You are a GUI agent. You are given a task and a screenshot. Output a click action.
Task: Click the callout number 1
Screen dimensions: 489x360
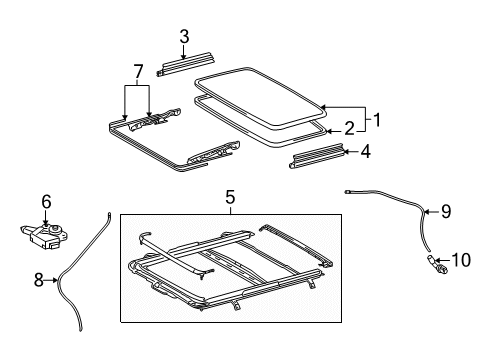pyautogui.click(x=377, y=120)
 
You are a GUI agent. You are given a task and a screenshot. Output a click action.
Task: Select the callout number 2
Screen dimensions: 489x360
pyautogui.click(x=349, y=129)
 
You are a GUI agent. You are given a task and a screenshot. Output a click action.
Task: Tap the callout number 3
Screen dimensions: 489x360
pyautogui.click(x=184, y=37)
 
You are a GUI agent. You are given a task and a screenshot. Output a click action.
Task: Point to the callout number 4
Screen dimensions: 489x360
pyautogui.click(x=366, y=152)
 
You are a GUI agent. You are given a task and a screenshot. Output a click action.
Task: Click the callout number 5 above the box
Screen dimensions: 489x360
pyautogui.click(x=230, y=197)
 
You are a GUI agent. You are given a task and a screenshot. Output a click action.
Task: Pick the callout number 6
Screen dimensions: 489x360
pyautogui.click(x=46, y=202)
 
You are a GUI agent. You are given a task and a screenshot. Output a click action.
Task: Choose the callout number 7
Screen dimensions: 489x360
pyautogui.click(x=138, y=72)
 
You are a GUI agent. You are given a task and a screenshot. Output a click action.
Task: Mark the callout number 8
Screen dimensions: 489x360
pyautogui.click(x=39, y=280)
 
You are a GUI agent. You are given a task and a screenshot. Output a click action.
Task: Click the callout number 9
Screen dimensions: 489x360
pyautogui.click(x=446, y=211)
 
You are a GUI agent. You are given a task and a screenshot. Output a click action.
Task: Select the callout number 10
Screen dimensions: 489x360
pyautogui.click(x=461, y=260)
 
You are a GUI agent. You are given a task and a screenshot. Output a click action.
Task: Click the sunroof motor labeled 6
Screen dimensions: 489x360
pyautogui.click(x=44, y=236)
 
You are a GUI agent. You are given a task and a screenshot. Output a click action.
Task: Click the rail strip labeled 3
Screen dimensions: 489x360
pyautogui.click(x=185, y=64)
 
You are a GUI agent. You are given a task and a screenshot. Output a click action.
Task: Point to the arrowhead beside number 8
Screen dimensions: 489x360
pyautogui.click(x=56, y=280)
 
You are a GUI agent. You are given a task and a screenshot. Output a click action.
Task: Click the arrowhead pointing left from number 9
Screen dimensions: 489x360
pyautogui.click(x=426, y=211)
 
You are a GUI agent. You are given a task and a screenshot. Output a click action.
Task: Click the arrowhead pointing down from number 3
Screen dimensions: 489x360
pyautogui.click(x=183, y=57)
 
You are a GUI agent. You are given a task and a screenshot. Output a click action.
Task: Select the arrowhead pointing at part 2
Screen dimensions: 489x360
pyautogui.click(x=329, y=131)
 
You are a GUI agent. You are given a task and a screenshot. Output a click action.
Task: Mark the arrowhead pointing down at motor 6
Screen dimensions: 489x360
pyautogui.click(x=45, y=223)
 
